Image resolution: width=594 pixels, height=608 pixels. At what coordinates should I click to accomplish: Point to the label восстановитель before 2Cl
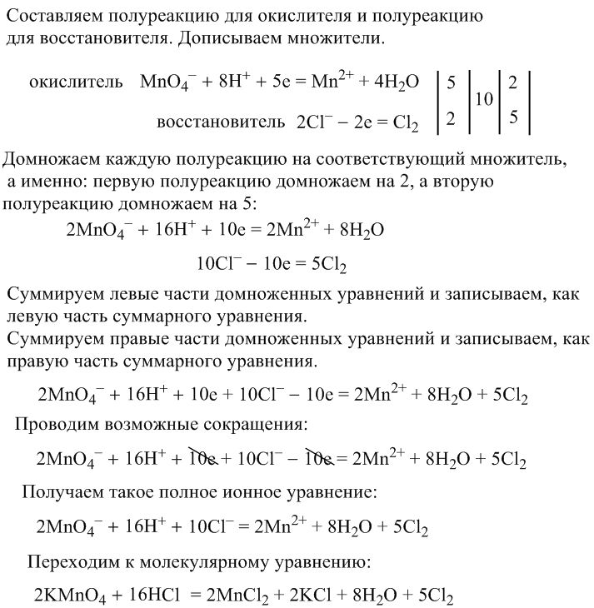click(221, 122)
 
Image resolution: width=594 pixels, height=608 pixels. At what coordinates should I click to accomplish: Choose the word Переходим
click(70, 560)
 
